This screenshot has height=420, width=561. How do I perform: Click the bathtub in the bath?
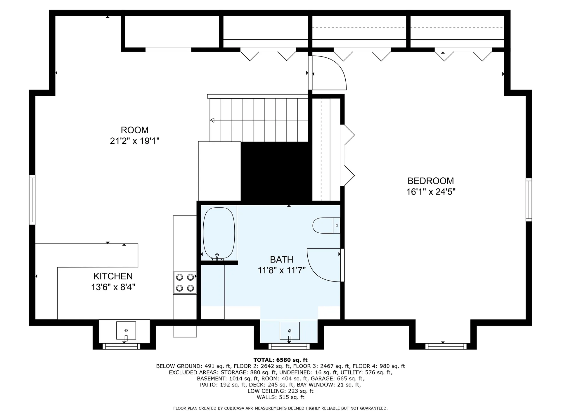click(219, 233)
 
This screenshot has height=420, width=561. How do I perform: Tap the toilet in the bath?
click(326, 225)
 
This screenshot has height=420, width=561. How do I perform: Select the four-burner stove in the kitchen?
click(185, 283)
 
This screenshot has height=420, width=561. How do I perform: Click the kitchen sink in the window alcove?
click(126, 331)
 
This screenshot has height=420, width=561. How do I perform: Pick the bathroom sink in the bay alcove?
click(290, 331)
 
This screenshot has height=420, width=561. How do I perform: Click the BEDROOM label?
click(431, 181)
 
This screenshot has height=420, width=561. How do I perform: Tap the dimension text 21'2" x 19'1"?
click(135, 141)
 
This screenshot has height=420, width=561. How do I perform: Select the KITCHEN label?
click(113, 276)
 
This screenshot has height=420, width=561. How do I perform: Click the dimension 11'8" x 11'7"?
click(282, 270)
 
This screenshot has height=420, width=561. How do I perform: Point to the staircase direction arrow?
click(212, 120)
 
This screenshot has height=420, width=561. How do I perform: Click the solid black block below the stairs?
click(276, 172)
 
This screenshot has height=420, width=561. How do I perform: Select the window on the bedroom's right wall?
click(529, 199)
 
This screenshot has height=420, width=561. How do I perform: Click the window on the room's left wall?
click(32, 200)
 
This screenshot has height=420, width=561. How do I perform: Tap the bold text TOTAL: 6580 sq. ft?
click(280, 360)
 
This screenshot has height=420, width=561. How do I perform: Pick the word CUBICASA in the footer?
click(234, 408)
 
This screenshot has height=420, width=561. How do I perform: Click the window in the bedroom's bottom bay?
click(446, 346)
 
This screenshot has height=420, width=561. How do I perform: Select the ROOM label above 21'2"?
click(135, 130)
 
